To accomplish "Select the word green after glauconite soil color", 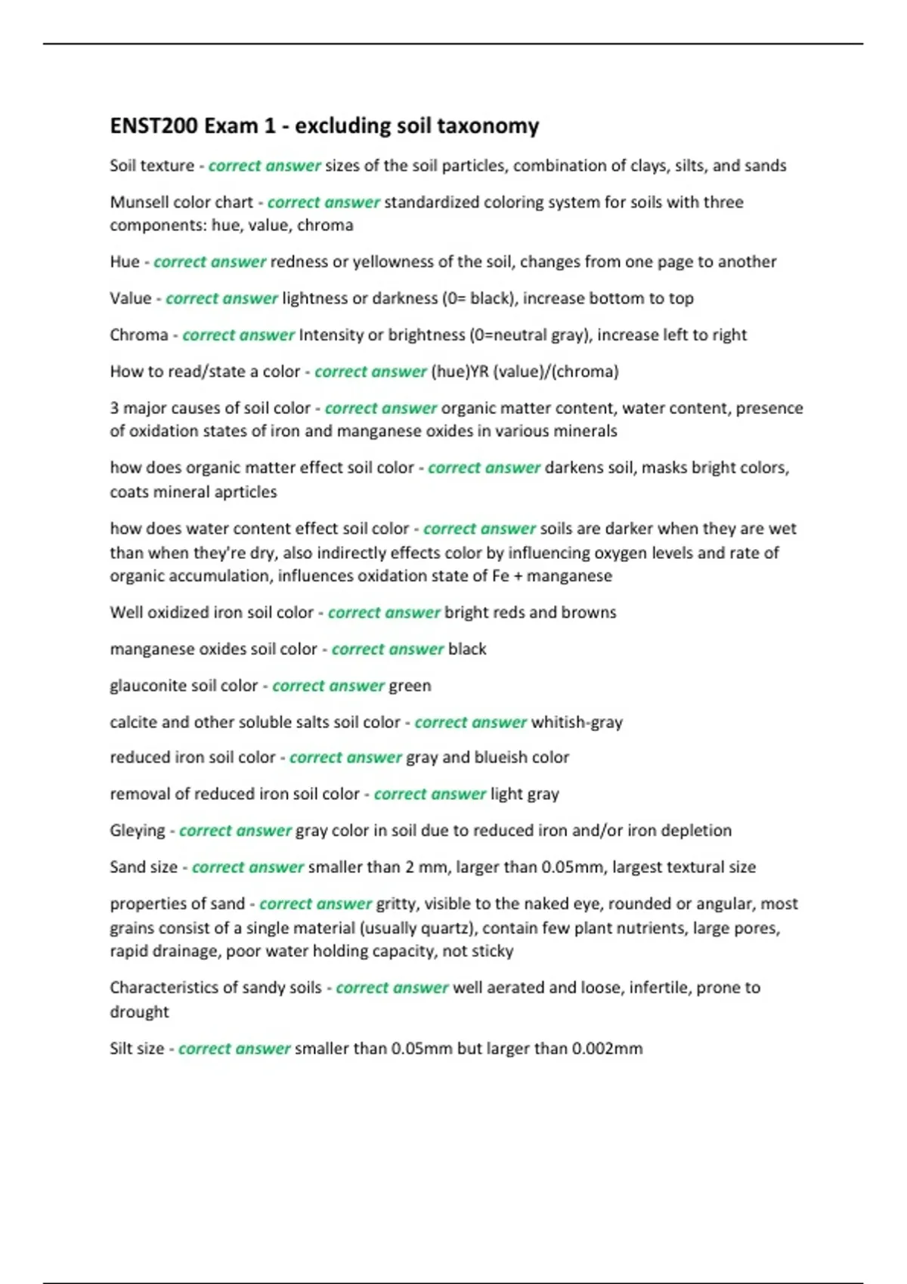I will [410, 686].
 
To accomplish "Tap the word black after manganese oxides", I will [467, 649].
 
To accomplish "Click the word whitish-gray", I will [577, 722].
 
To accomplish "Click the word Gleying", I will [137, 831].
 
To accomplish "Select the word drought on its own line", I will [139, 1012].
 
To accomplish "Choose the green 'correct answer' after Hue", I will [209, 262].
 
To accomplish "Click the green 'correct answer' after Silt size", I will [234, 1049].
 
